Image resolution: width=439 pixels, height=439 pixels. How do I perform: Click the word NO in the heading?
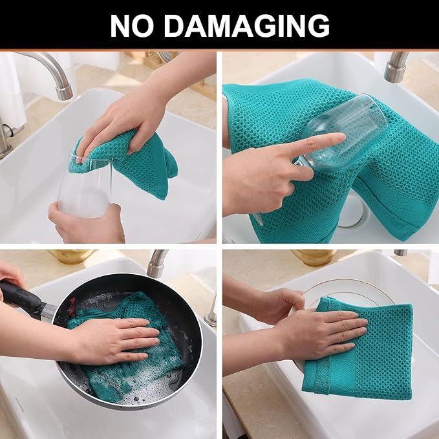tap(132, 26)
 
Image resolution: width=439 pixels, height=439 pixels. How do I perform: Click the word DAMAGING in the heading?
tap(246, 26)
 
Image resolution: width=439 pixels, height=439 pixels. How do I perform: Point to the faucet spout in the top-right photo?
tap(396, 67)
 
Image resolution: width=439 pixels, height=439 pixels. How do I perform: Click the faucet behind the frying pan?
tap(156, 263)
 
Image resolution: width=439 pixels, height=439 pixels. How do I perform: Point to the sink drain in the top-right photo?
tap(351, 210)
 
